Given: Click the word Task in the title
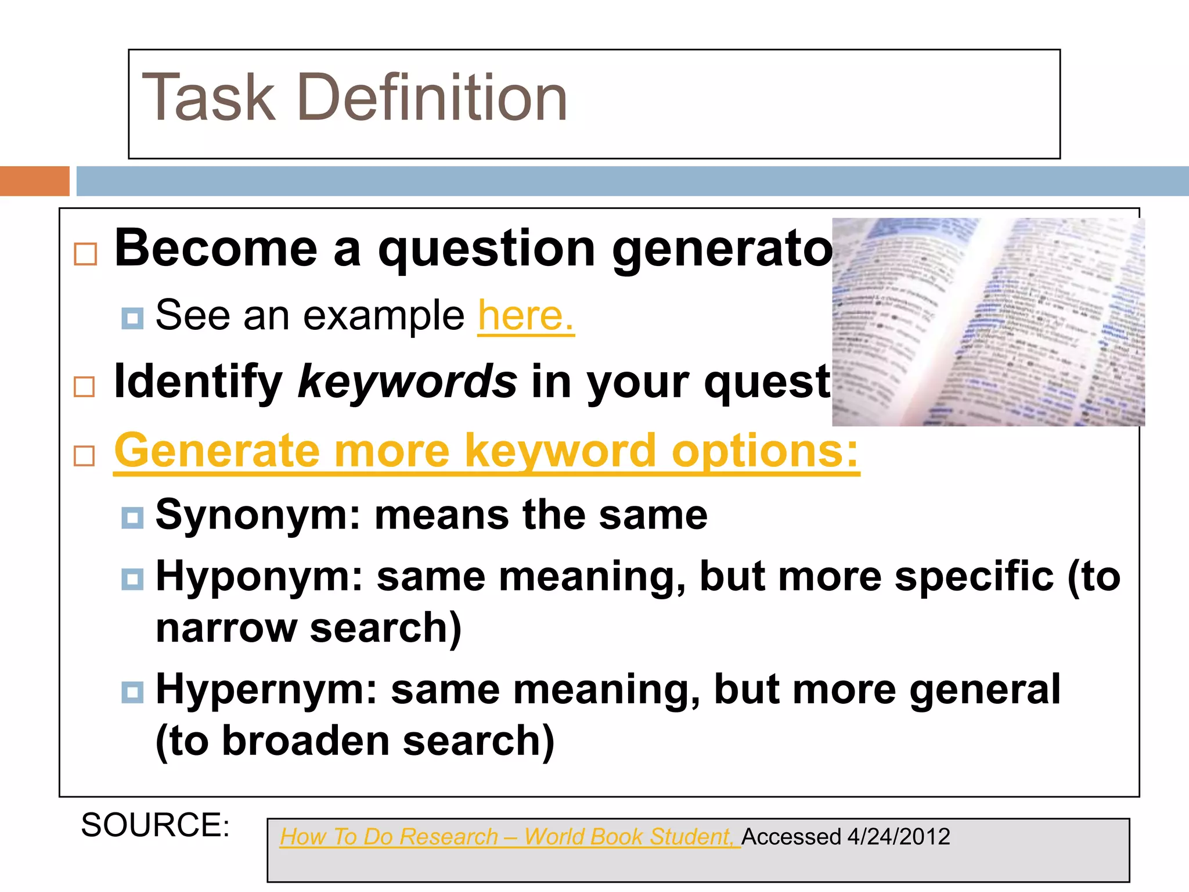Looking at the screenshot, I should coord(208,98).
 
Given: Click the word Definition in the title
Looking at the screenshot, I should coord(432,98).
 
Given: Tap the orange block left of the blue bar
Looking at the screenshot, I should coord(34,181).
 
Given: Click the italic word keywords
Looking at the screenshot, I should coord(407,382).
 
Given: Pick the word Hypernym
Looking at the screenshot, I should coord(266,689).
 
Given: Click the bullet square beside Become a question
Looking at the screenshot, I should coord(85,254).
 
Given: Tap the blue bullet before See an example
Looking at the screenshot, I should coord(132,318).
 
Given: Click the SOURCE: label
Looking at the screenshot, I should coord(156,825).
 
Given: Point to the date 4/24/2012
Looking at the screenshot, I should coord(898,837).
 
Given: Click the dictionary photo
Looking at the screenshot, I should coord(988,322).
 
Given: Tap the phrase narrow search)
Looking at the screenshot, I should coord(308,628).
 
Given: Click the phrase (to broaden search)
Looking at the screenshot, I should coord(355,741).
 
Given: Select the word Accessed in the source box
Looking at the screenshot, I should coord(791,837).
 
